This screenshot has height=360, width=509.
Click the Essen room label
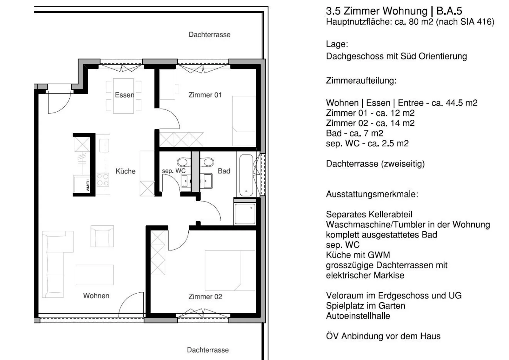tap(124, 95)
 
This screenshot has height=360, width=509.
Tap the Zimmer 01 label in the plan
tap(205, 95)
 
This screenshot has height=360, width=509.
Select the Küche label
tap(125, 171)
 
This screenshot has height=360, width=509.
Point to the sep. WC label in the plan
tap(174, 171)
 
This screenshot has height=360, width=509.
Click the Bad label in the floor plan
tap(224, 171)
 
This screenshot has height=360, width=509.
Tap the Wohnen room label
tap(96, 296)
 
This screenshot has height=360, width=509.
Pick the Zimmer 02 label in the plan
tap(205, 297)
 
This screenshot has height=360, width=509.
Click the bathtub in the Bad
tap(246, 175)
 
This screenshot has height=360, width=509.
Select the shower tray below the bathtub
tap(245, 214)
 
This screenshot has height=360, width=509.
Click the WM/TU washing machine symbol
tap(82, 184)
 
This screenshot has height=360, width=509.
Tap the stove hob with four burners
tap(103, 180)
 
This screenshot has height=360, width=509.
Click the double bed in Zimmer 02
tap(230, 271)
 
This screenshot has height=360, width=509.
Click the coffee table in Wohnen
tap(95, 275)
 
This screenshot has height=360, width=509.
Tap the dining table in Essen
tap(123, 96)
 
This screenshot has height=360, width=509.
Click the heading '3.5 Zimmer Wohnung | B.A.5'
tap(394, 11)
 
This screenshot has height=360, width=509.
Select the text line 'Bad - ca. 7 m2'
tap(354, 133)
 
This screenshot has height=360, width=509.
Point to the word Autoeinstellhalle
tap(358, 316)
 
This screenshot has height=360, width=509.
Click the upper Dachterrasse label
tap(210, 35)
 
